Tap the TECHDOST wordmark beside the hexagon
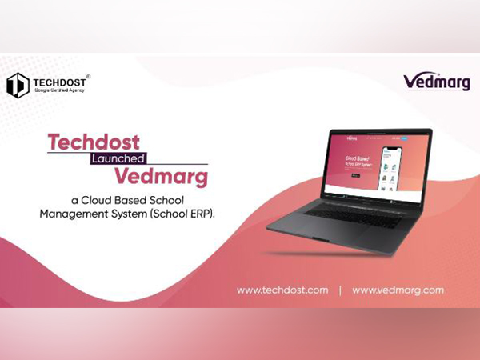58,81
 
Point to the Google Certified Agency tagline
57,91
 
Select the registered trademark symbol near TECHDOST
87,76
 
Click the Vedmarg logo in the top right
437,82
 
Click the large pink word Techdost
93,142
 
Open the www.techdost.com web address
282,290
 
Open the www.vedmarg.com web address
398,290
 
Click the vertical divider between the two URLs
340,290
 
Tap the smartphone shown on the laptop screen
392,170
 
